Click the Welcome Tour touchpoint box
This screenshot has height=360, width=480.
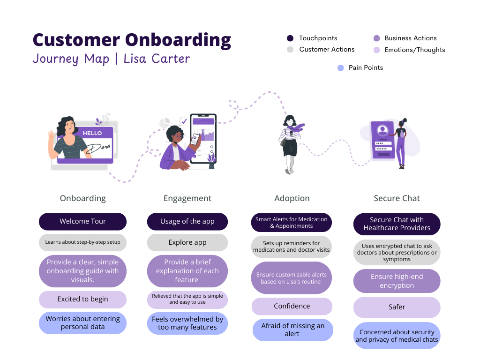(x=82, y=221)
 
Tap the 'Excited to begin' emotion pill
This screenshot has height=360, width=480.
(x=82, y=299)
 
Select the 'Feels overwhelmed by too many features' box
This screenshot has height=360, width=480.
(x=187, y=323)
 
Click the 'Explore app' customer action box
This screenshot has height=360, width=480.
(x=187, y=242)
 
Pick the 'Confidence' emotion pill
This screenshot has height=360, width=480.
(x=292, y=306)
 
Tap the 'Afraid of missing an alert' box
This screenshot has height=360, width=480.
(x=292, y=330)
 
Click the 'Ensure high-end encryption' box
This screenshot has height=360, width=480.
(x=397, y=281)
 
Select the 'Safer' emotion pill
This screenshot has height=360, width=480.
(x=397, y=307)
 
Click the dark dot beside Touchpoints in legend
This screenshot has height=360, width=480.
(x=290, y=38)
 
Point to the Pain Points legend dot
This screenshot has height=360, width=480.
(x=341, y=68)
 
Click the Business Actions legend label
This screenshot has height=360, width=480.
(x=410, y=38)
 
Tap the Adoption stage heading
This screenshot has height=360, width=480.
(x=292, y=198)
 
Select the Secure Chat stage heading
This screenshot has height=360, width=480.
(x=397, y=198)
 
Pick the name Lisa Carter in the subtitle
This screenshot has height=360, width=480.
(x=157, y=59)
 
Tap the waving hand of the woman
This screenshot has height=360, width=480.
(x=51, y=139)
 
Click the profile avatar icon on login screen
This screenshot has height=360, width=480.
(x=382, y=129)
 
